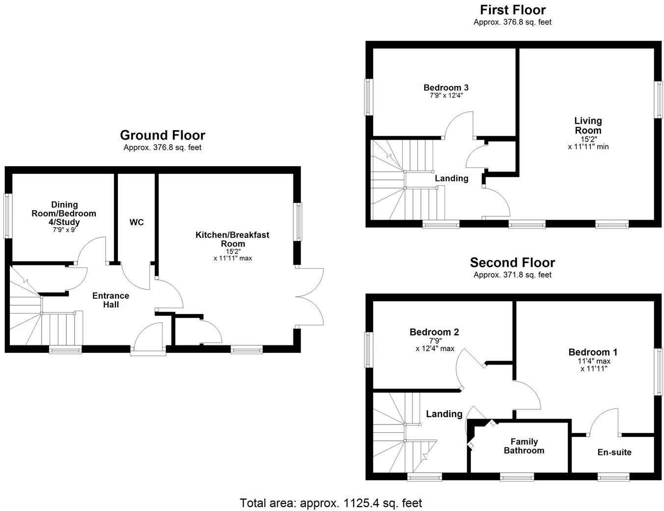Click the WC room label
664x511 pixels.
point(137,223)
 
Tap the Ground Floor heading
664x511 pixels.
point(163,135)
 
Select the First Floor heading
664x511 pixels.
point(512,10)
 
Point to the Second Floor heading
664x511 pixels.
point(512,262)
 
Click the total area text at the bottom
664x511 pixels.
point(331,503)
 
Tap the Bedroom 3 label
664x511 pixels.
point(446,87)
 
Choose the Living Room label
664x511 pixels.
point(588,125)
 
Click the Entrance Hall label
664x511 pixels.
point(111,300)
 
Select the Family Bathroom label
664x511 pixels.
point(524,446)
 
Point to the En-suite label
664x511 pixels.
point(614,452)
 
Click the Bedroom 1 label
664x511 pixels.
point(593,352)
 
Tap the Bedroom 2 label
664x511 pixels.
point(434,332)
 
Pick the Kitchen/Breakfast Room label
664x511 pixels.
point(232,239)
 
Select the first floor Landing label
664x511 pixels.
point(451,178)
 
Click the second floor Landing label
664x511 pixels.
point(444,414)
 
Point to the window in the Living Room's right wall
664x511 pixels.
point(658,99)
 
